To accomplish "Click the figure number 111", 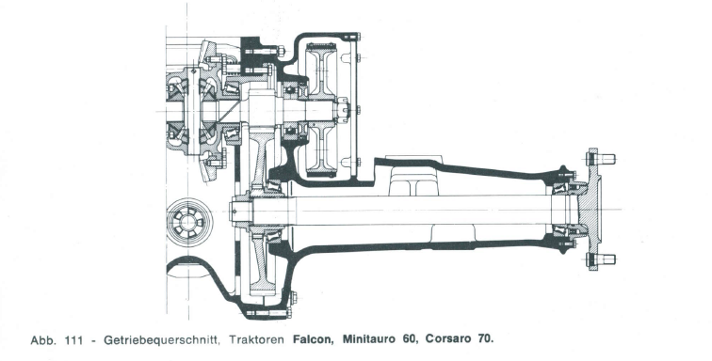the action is (x=74, y=339).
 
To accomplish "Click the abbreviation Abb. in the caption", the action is (x=43, y=339).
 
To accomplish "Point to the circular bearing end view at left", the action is (x=189, y=222).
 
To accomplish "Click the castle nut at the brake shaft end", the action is (x=343, y=111).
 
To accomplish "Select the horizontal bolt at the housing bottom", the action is (x=267, y=312).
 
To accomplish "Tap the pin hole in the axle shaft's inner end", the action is (x=235, y=211).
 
